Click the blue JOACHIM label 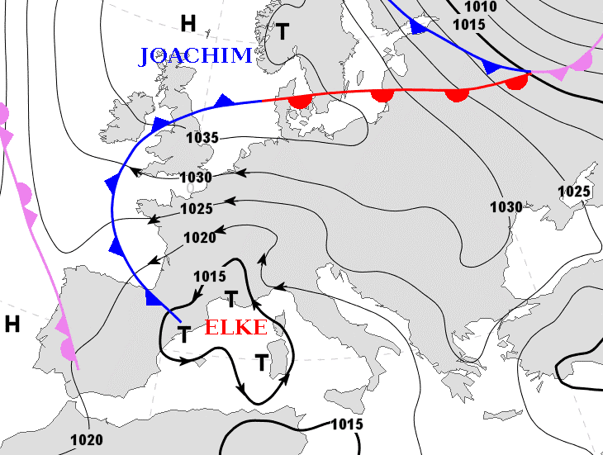(195, 56)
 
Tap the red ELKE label (235, 327)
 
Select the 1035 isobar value (202, 138)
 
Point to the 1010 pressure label (480, 7)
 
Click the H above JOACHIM (188, 22)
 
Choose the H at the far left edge (12, 324)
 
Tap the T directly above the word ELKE (232, 298)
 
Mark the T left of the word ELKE (184, 334)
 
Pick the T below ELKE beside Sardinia (262, 362)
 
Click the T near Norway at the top (283, 32)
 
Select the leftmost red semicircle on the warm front (300, 102)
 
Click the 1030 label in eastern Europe (506, 206)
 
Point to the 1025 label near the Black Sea (574, 192)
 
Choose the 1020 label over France (200, 238)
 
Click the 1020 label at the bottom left (86, 439)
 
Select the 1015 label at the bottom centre (347, 424)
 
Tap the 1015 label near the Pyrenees (209, 276)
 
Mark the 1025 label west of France (197, 208)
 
